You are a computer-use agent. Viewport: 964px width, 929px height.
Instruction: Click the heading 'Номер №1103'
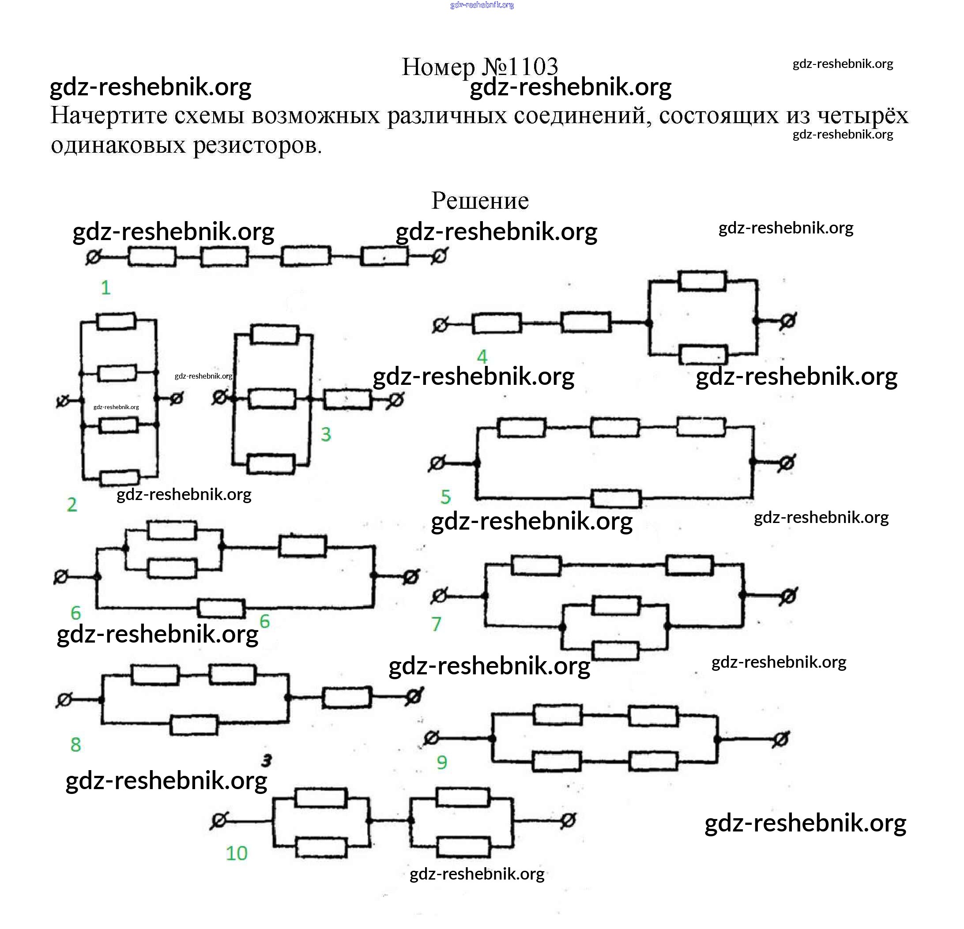pos(479,67)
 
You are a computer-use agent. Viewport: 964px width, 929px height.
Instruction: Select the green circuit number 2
pos(72,504)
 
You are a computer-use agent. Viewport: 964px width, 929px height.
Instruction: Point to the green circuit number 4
pos(482,357)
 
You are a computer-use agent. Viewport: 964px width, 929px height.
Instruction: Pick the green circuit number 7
pos(436,624)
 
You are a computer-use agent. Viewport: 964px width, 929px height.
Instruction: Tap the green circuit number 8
pos(75,745)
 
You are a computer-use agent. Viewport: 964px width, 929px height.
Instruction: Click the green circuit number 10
pos(237,853)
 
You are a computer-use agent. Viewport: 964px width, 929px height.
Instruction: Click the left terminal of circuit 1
pos(94,257)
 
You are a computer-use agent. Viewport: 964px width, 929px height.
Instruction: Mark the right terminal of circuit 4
pos(787,321)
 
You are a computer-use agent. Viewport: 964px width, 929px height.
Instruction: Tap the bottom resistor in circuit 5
pos(616,498)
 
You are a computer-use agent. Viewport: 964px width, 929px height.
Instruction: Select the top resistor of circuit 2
pos(117,321)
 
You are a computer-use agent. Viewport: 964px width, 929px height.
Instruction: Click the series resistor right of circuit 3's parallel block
pos(348,399)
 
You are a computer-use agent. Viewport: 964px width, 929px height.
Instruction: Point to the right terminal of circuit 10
pos(568,820)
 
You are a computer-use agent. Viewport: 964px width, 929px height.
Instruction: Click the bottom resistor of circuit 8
pos(194,725)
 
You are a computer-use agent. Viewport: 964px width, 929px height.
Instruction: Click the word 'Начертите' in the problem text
pos(109,116)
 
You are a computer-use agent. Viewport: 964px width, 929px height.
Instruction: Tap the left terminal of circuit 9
pos(431,738)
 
